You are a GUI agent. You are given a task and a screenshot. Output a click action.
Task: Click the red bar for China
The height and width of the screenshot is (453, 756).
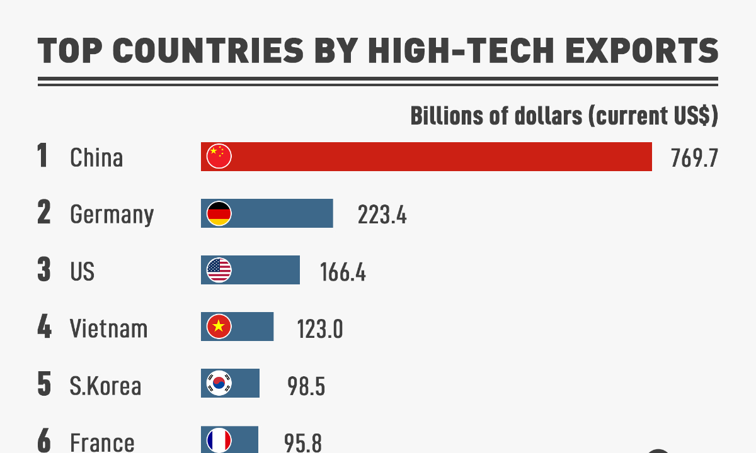point(441,157)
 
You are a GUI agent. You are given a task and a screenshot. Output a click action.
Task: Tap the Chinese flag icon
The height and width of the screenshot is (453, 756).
point(219,157)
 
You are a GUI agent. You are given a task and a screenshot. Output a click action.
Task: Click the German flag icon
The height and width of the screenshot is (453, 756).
point(219,214)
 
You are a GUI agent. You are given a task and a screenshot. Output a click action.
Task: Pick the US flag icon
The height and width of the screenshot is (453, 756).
point(219,271)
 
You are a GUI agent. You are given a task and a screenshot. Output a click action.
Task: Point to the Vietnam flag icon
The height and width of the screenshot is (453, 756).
point(219,327)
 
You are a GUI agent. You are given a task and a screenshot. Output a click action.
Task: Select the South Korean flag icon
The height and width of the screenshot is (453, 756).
point(219,383)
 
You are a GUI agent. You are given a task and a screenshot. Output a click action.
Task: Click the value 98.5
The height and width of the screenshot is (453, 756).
point(306,386)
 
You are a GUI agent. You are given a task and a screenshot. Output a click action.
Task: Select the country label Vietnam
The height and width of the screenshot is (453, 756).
point(108,328)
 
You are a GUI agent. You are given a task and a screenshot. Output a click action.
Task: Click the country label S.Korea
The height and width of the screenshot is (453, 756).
point(105,385)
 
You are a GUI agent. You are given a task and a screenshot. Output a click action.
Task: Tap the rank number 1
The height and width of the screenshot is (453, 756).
point(43,157)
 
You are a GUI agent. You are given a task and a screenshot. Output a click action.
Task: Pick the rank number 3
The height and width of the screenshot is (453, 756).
point(43,271)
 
